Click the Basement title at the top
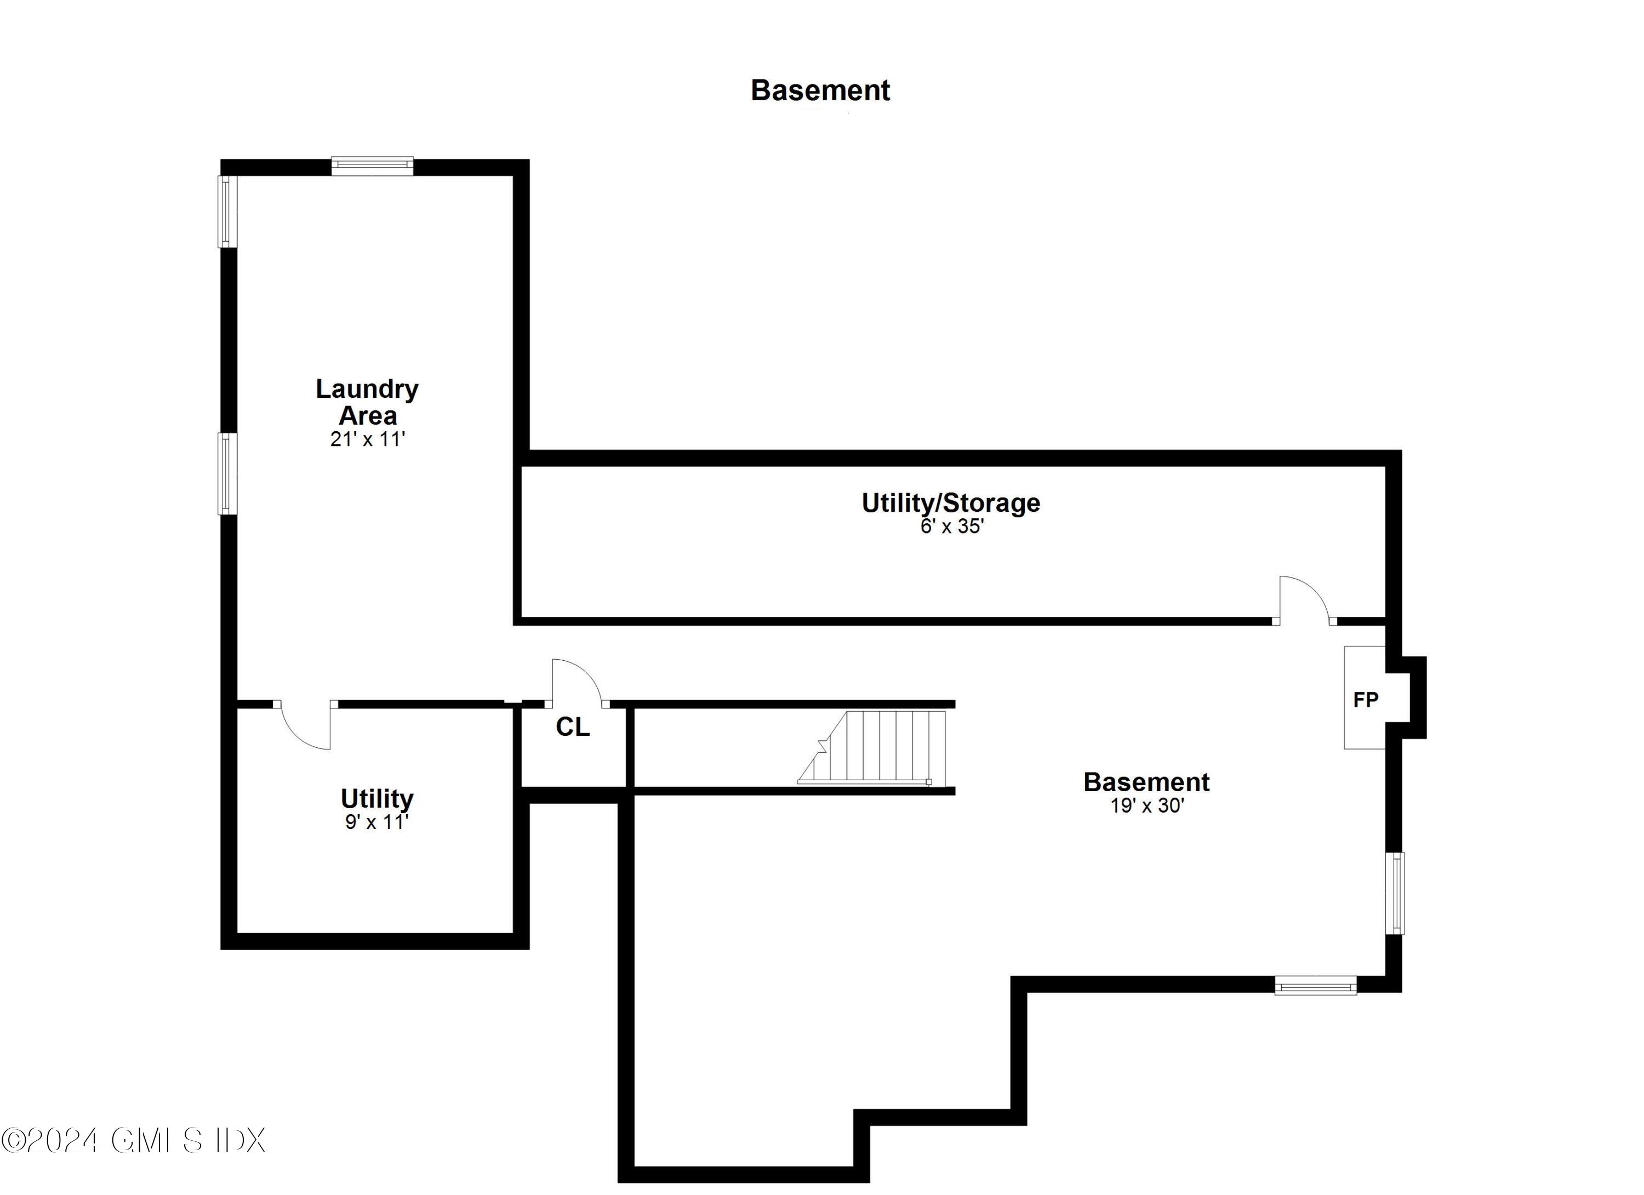[x=820, y=90]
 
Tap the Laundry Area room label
[x=368, y=402]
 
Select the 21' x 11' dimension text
[x=368, y=439]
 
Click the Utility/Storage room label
[x=950, y=503]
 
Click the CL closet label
[x=573, y=727]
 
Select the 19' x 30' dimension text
[x=1147, y=806]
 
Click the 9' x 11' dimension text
[x=377, y=822]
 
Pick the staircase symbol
[x=873, y=747]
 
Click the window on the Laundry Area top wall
[x=373, y=166]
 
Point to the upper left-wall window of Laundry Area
[x=227, y=211]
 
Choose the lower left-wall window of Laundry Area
[x=227, y=473]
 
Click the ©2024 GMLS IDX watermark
[x=134, y=1140]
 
